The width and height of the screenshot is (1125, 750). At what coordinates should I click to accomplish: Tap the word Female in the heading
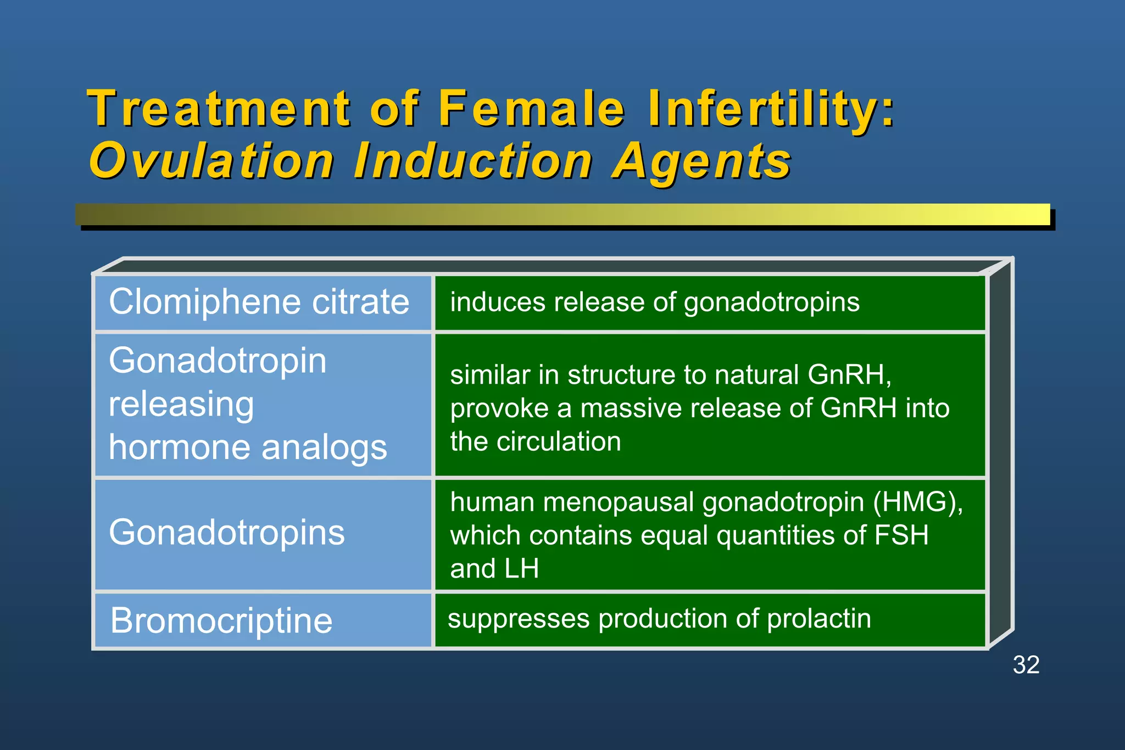click(x=531, y=108)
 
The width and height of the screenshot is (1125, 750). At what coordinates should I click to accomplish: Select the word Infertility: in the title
click(x=771, y=108)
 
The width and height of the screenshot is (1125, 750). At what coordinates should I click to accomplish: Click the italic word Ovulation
click(x=211, y=161)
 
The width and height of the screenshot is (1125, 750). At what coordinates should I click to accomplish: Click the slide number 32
click(x=1026, y=665)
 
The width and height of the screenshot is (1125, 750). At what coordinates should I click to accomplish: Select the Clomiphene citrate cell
click(x=259, y=302)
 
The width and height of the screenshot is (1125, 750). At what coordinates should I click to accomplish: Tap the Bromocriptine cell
click(x=221, y=621)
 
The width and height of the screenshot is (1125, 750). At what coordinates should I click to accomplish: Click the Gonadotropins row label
click(x=227, y=533)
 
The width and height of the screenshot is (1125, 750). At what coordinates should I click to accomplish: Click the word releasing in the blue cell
click(x=181, y=405)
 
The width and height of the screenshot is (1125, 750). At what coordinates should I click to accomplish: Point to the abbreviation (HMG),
click(x=918, y=502)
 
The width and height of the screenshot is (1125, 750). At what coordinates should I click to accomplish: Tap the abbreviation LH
click(x=521, y=568)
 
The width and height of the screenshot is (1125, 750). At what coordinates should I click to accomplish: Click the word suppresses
click(x=519, y=619)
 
